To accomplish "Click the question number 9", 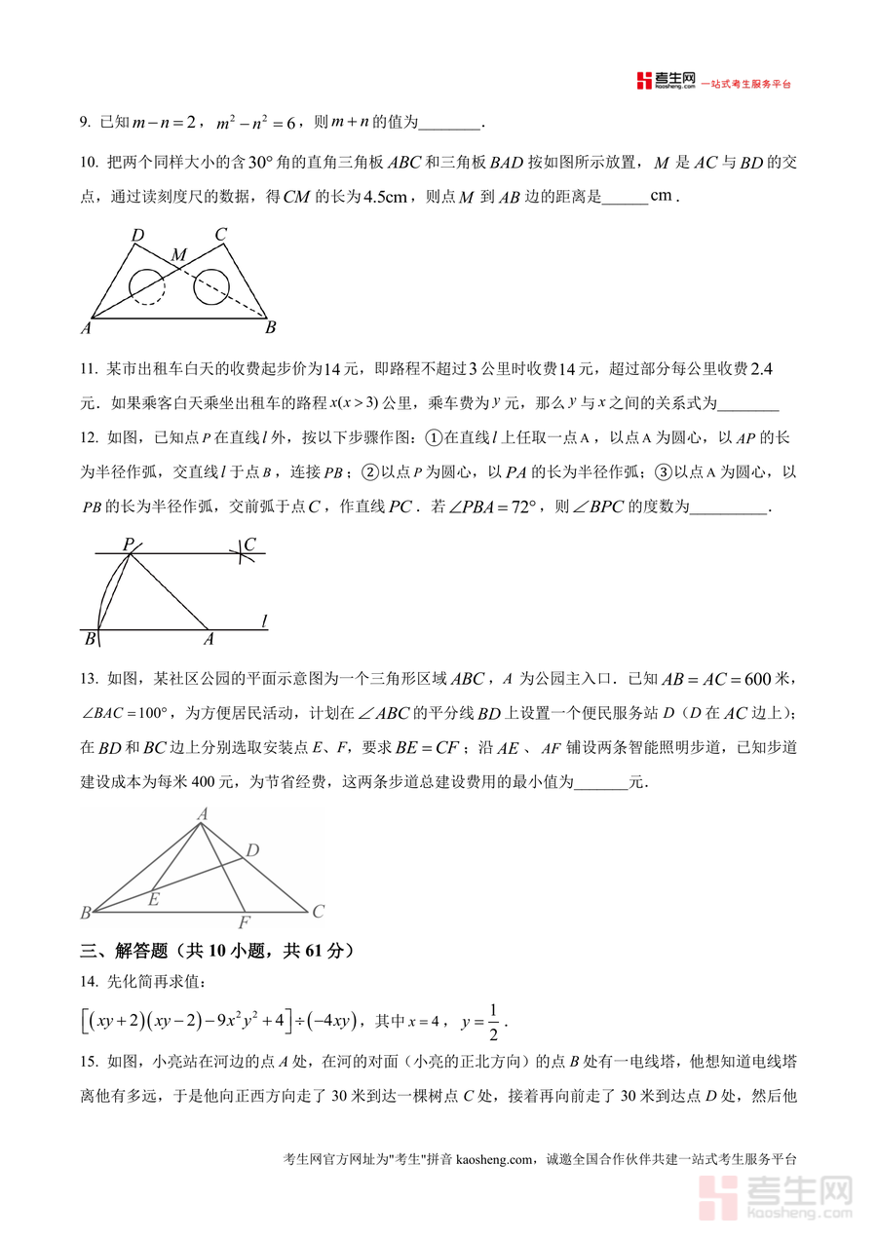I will (x=85, y=123).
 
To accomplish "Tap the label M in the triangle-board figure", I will (x=180, y=255).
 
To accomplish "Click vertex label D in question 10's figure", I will (x=137, y=235).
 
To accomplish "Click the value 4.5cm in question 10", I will (x=385, y=196).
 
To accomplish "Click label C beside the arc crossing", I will (x=250, y=544).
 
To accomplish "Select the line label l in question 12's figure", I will (x=264, y=620).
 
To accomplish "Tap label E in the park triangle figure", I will (x=153, y=899).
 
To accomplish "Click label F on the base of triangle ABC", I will (x=244, y=922).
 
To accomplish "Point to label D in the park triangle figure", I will (x=251, y=851).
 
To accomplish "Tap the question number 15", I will (x=88, y=1062).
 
